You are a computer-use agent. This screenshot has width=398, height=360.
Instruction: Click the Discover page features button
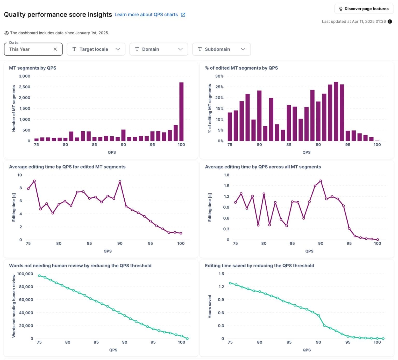point(364,9)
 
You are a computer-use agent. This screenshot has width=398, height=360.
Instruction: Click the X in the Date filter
point(55,49)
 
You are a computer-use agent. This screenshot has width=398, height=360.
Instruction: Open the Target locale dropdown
point(96,49)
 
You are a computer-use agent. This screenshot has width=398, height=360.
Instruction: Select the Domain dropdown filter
point(159,49)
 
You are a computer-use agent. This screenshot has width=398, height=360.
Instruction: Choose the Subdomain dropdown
point(221,49)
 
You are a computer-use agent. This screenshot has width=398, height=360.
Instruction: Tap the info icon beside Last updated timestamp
point(390,21)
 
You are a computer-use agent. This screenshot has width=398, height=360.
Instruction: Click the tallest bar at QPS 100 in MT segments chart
point(181,111)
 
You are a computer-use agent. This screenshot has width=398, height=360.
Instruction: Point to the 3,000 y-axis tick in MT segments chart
point(25,76)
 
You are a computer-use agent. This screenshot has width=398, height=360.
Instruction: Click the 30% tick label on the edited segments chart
point(219,76)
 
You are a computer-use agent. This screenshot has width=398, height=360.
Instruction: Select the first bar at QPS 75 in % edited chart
point(230,127)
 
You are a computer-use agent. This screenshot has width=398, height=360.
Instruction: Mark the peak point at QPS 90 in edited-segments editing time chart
point(120,182)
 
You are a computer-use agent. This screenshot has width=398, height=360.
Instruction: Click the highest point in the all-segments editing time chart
point(321,181)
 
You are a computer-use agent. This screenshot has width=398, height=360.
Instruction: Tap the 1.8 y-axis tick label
point(226,175)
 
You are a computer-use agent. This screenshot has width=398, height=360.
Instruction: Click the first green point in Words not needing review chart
point(39,276)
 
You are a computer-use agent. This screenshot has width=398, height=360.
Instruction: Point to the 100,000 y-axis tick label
point(25,274)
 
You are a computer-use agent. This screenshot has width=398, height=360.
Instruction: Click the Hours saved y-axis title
point(210,306)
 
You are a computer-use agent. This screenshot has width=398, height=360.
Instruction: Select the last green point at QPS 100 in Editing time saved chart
point(383,339)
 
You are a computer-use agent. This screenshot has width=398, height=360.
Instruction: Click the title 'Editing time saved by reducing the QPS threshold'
point(259,266)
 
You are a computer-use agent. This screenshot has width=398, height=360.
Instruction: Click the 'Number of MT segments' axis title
point(14,108)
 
